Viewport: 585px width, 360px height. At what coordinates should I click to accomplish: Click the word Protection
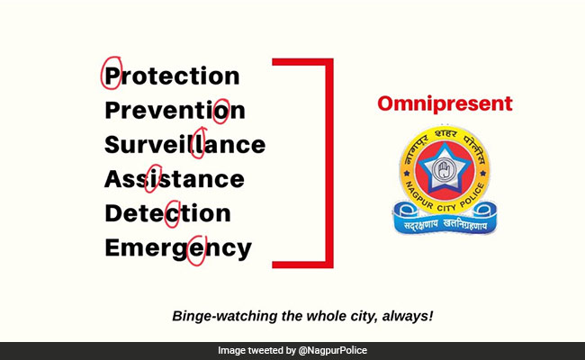pyautogui.click(x=172, y=76)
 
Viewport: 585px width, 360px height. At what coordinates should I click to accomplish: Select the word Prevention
pyautogui.click(x=175, y=111)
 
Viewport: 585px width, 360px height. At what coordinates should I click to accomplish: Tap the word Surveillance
pyautogui.click(x=184, y=145)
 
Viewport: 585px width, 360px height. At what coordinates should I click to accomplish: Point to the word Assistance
pyautogui.click(x=175, y=179)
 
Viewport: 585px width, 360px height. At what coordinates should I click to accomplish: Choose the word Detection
pyautogui.click(x=167, y=213)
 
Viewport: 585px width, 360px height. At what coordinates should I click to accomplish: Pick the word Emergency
pyautogui.click(x=178, y=247)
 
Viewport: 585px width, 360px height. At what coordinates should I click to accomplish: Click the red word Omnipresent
pyautogui.click(x=445, y=103)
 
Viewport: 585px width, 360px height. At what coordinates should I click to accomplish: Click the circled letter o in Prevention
pyautogui.click(x=220, y=111)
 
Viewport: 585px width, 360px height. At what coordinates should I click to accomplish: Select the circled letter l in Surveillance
pyautogui.click(x=203, y=144)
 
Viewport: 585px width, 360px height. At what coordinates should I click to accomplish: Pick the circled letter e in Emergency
pyautogui.click(x=202, y=247)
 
